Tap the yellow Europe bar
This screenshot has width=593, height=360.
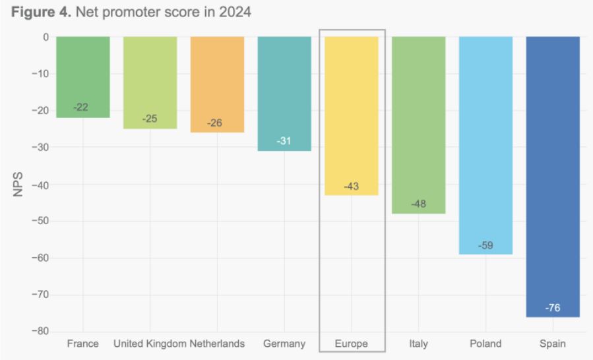(x=352, y=112)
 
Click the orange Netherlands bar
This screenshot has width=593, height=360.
(x=217, y=82)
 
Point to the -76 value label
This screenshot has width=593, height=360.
(x=553, y=308)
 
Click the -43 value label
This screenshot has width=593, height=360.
(x=352, y=187)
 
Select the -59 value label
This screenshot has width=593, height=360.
(x=485, y=246)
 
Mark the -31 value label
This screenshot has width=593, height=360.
(x=284, y=141)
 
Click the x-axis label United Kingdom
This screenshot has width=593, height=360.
(x=150, y=344)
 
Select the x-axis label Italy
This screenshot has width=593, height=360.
(x=418, y=344)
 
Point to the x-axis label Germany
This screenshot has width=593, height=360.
(x=284, y=344)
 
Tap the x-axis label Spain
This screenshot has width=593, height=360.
(x=553, y=344)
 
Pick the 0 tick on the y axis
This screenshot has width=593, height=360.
(x=46, y=37)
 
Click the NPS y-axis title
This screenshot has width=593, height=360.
(x=19, y=184)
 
